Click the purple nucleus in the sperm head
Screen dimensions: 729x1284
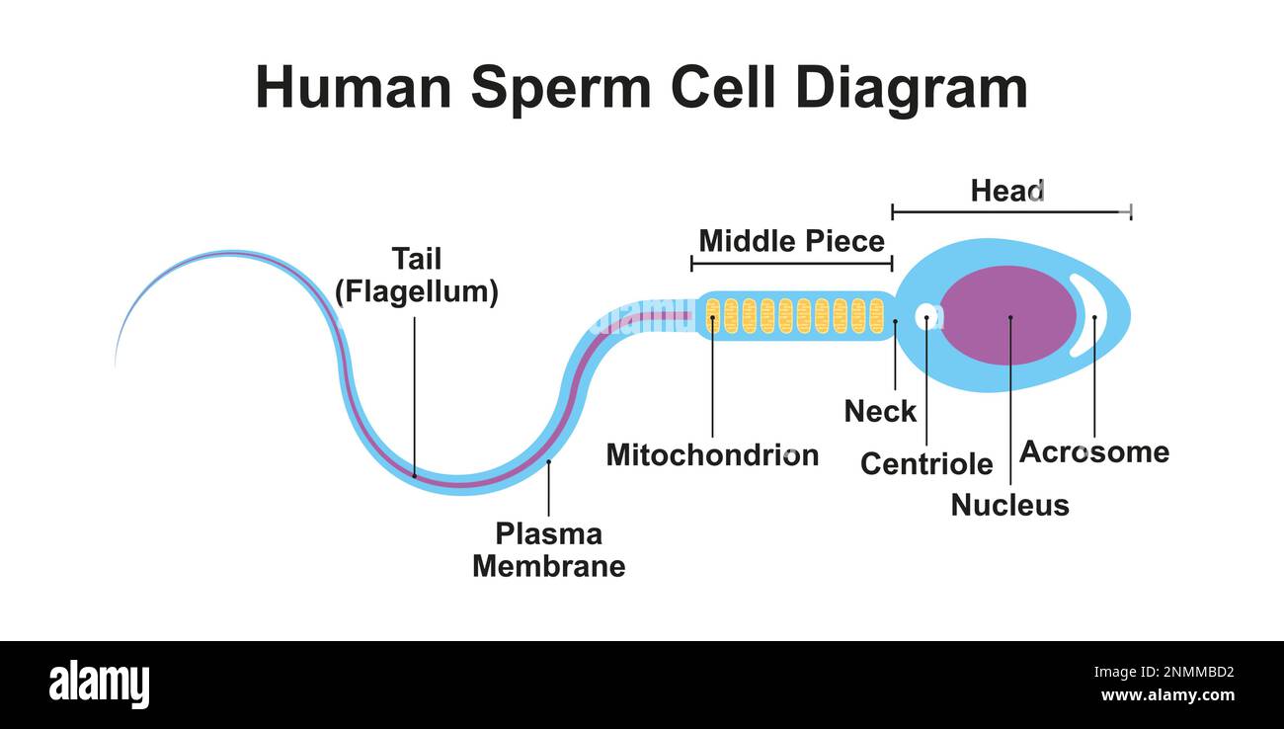(x=1007, y=315)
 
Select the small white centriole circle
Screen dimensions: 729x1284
(x=926, y=316)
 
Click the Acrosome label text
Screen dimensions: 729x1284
(x=1093, y=451)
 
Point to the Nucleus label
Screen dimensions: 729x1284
(x=1009, y=505)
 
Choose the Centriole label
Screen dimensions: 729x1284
(x=926, y=463)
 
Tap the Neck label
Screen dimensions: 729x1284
(x=880, y=411)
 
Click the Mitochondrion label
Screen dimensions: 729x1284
(x=712, y=454)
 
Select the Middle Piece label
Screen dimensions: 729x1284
(x=791, y=241)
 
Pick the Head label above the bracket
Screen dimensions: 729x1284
(x=1006, y=191)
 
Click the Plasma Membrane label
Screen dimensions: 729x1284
(x=548, y=550)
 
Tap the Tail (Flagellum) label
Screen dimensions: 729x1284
(x=416, y=276)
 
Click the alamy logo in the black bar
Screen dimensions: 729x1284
(x=99, y=685)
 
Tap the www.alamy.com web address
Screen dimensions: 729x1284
(x=1167, y=696)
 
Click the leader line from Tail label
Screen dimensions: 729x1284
(x=415, y=395)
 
